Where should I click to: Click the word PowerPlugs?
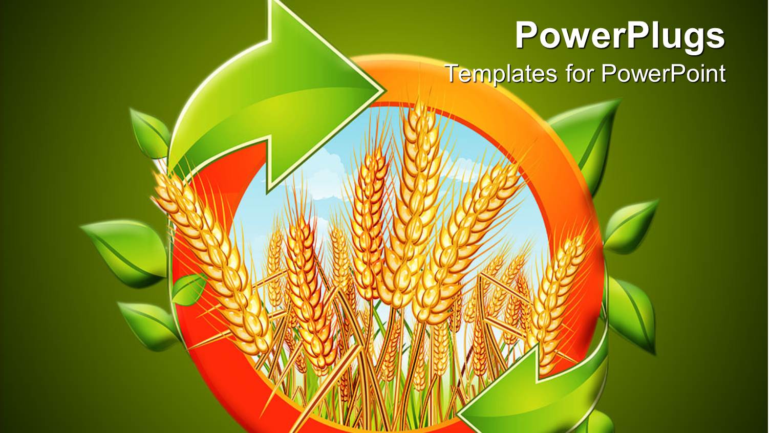pos(619,36)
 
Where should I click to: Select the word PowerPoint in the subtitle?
pos(663,74)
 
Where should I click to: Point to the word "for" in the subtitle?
pos(581,74)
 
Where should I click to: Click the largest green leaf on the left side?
pos(123,251)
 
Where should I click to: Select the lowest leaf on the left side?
pos(148,322)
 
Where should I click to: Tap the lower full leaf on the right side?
pos(632,312)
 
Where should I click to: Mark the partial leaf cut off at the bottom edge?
pos(599,425)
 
